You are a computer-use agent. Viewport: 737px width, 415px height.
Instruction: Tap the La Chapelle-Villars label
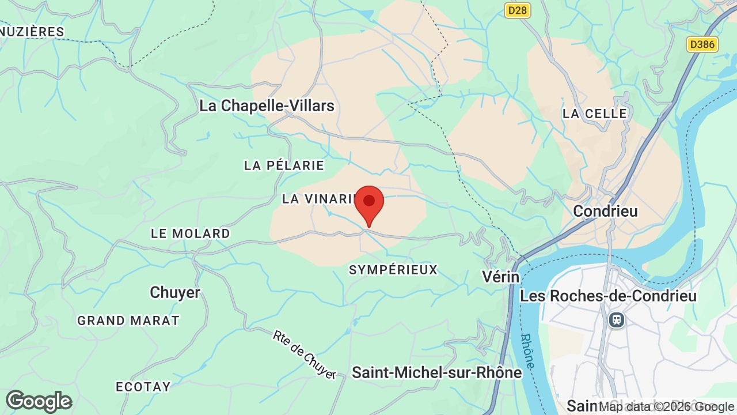pyautogui.click(x=267, y=106)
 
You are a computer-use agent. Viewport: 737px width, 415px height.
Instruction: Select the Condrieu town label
pyautogui.click(x=605, y=211)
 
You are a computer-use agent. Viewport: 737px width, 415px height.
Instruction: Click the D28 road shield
pyautogui.click(x=517, y=10)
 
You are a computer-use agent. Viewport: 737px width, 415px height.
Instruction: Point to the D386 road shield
pyautogui.click(x=702, y=44)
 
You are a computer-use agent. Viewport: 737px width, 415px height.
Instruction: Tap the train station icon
pyautogui.click(x=617, y=319)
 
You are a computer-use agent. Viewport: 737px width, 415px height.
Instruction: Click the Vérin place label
pyautogui.click(x=500, y=277)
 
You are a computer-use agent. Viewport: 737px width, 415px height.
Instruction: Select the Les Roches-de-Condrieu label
pyautogui.click(x=608, y=296)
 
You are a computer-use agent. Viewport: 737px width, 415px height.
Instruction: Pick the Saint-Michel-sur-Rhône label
pyautogui.click(x=436, y=373)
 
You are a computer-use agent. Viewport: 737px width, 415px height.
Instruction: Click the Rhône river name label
pyautogui.click(x=528, y=350)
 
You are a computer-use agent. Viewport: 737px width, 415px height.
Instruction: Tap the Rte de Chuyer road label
pyautogui.click(x=305, y=354)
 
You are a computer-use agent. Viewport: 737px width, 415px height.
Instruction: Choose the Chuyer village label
pyautogui.click(x=174, y=293)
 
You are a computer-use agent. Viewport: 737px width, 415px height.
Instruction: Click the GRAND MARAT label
pyautogui.click(x=128, y=320)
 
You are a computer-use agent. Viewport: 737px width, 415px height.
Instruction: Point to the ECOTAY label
pyautogui.click(x=143, y=387)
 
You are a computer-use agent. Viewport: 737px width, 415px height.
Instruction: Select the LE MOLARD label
pyautogui.click(x=190, y=233)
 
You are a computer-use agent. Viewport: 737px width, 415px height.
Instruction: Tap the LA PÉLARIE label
pyautogui.click(x=284, y=165)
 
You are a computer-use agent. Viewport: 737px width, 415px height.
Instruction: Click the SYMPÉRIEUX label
pyautogui.click(x=393, y=270)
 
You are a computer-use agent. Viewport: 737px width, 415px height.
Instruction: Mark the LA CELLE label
pyautogui.click(x=594, y=114)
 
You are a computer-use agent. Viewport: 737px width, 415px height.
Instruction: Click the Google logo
pyautogui.click(x=39, y=401)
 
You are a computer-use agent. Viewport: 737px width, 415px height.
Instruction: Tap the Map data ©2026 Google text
pyautogui.click(x=666, y=406)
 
